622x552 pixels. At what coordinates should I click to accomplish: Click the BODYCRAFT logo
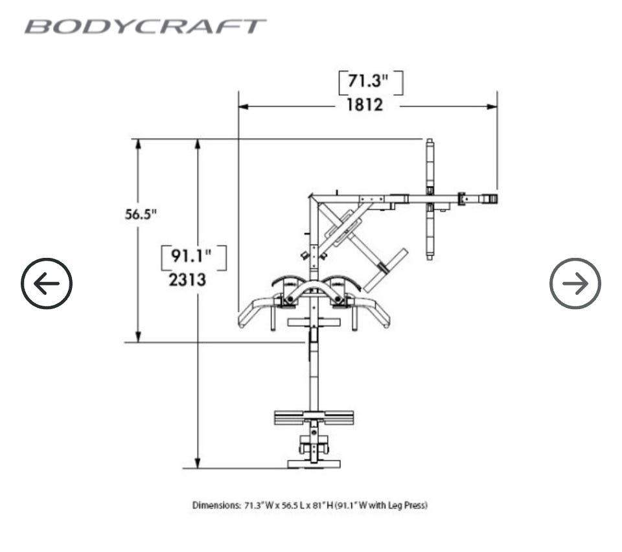coord(145,27)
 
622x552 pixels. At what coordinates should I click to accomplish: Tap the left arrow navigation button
coord(47,283)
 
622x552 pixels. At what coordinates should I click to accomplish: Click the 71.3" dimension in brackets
coord(371,83)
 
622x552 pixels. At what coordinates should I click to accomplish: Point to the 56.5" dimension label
coord(141,214)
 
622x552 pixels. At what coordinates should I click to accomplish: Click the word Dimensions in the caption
coord(216,505)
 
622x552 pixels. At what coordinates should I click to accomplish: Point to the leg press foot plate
coord(314,418)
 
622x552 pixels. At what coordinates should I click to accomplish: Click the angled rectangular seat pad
coord(385,269)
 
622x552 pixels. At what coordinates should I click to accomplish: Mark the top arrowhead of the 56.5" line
coord(138,143)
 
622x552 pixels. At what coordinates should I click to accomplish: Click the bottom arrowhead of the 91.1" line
coord(198,463)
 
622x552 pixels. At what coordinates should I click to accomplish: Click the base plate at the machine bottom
coord(314,463)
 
